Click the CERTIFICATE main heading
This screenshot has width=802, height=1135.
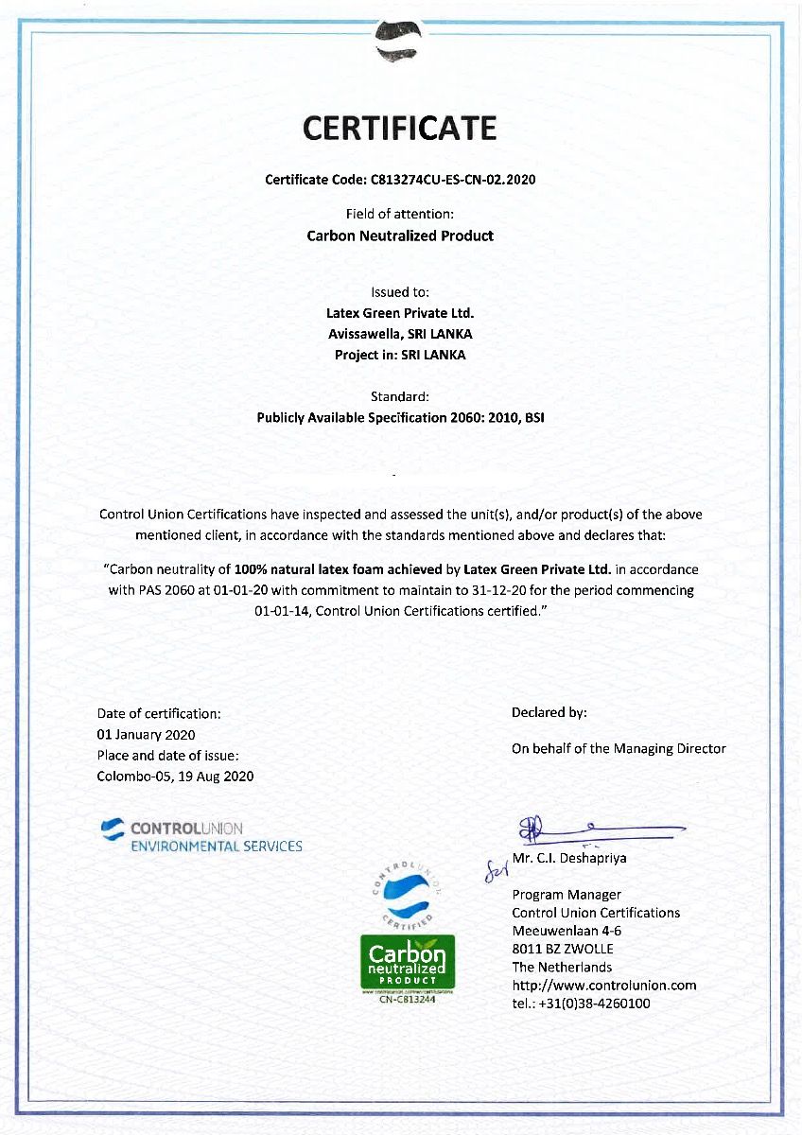pos(400,128)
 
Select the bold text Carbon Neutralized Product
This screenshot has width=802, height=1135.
pos(400,236)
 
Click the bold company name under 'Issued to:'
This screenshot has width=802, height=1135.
pos(400,312)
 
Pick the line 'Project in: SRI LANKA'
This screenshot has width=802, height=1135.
pos(400,355)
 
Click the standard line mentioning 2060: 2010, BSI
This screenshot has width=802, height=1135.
pos(400,417)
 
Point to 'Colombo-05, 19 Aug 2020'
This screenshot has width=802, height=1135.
pos(175,776)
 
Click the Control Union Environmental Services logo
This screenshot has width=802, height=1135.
pos(201,836)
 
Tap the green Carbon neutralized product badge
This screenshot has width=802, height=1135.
pos(407,963)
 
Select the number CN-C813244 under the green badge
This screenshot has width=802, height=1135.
pos(407,1000)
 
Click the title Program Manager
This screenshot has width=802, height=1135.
pos(566,894)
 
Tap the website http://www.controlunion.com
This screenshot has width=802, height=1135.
pos(603,985)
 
